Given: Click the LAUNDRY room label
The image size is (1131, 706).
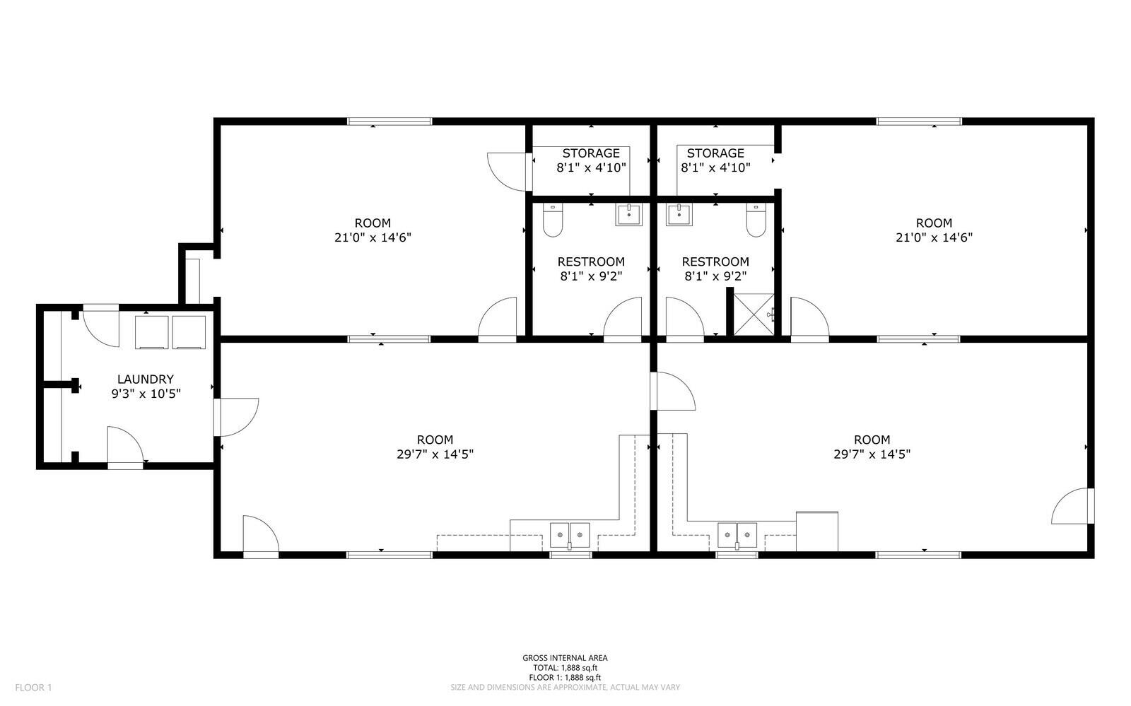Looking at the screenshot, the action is (146, 379).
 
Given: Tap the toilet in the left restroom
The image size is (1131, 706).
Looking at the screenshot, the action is (553, 220).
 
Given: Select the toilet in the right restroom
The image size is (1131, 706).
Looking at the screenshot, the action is (756, 220).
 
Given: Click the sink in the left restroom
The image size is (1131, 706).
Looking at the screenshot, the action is (628, 214).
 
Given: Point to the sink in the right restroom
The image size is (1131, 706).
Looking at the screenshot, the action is (679, 214).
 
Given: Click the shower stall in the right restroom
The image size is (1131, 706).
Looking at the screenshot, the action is (754, 314).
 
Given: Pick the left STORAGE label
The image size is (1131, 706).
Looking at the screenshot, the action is (591, 153).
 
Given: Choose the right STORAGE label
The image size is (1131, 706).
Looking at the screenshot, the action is (715, 153).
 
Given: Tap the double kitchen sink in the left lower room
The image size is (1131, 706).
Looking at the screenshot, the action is (570, 536).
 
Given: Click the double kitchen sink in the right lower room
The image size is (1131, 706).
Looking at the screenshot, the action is (737, 536).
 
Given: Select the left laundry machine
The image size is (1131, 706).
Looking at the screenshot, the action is (151, 332).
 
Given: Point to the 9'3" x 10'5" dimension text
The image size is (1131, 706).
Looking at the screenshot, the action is (146, 394).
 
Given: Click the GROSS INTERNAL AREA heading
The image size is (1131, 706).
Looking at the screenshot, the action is (565, 658).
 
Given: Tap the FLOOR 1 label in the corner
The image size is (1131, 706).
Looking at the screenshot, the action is (33, 688).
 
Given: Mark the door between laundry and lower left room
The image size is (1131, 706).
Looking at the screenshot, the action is (236, 417).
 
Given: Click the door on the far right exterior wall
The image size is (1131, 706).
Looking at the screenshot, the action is (1073, 506).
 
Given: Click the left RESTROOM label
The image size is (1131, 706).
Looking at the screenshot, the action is (591, 261).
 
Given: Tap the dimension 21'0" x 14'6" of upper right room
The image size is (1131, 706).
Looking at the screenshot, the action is (934, 237).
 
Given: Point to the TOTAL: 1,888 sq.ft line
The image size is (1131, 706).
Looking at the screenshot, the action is (565, 668).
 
